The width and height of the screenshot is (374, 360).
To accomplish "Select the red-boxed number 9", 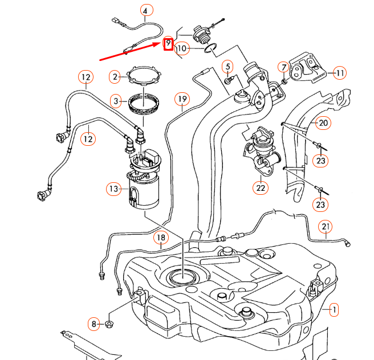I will coord(168,43).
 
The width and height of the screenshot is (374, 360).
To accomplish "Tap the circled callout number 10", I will coord(182,49).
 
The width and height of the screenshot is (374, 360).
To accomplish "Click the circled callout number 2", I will coord(116,76).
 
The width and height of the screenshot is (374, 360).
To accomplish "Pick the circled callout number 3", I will coord(116,102).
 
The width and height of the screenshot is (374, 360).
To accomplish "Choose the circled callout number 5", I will coord(227,67).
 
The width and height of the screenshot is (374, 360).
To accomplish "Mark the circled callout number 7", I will coord(283,67).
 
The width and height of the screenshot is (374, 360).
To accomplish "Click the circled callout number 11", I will coord(340,72).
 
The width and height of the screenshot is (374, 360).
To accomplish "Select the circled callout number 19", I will coord(181,100).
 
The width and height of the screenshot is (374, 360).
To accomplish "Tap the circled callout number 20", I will coord(323,122).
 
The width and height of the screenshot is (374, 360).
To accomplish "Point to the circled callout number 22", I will coord(261,186).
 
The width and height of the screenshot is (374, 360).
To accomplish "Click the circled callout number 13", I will coord(114,188).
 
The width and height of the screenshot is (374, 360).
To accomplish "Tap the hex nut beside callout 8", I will coord(109,325).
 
